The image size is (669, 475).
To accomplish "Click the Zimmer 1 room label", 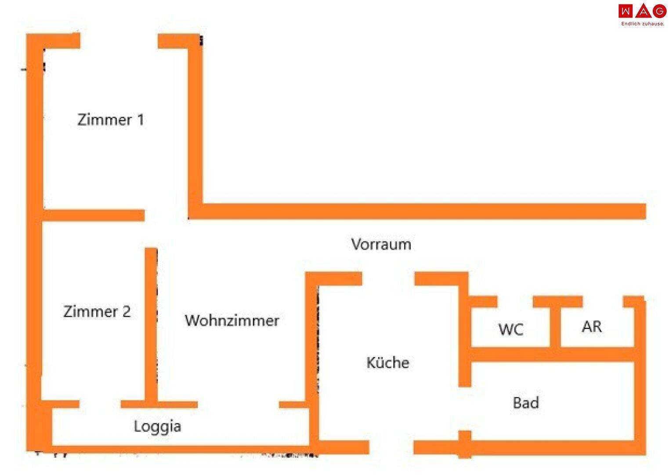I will [x=111, y=120].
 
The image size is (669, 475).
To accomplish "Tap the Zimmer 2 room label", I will [x=97, y=311].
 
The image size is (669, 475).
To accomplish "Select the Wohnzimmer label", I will [x=231, y=320].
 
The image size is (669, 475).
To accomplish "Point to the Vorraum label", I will [x=381, y=244].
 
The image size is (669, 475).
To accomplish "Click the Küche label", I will [x=387, y=362].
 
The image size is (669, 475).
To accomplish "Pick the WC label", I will [x=511, y=329].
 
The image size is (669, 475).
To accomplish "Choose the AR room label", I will [x=592, y=326].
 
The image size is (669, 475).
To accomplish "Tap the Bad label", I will [x=526, y=402].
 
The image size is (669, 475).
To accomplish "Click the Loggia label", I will [x=157, y=426].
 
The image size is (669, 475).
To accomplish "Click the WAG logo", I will [x=642, y=11].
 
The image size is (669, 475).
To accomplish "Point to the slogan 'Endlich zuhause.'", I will [x=643, y=24].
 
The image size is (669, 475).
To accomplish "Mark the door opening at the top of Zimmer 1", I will [x=119, y=41].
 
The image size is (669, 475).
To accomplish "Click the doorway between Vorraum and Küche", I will [x=388, y=279].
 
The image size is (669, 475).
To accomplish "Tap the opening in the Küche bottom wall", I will [x=391, y=447].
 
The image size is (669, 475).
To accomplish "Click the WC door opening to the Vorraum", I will [x=515, y=302].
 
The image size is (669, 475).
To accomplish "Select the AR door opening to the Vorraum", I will [x=603, y=302].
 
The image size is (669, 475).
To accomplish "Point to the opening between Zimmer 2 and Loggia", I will [x=100, y=404].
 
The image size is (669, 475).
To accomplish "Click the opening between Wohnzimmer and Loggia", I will [x=238, y=404].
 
